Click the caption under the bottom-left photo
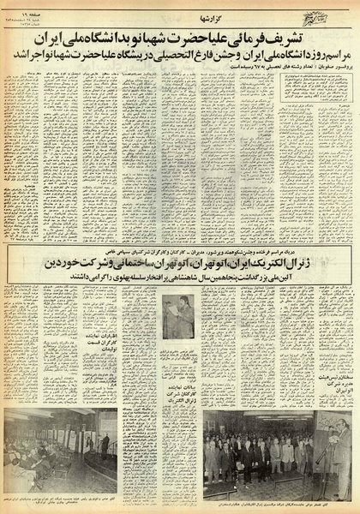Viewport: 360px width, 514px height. point(60,499)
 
